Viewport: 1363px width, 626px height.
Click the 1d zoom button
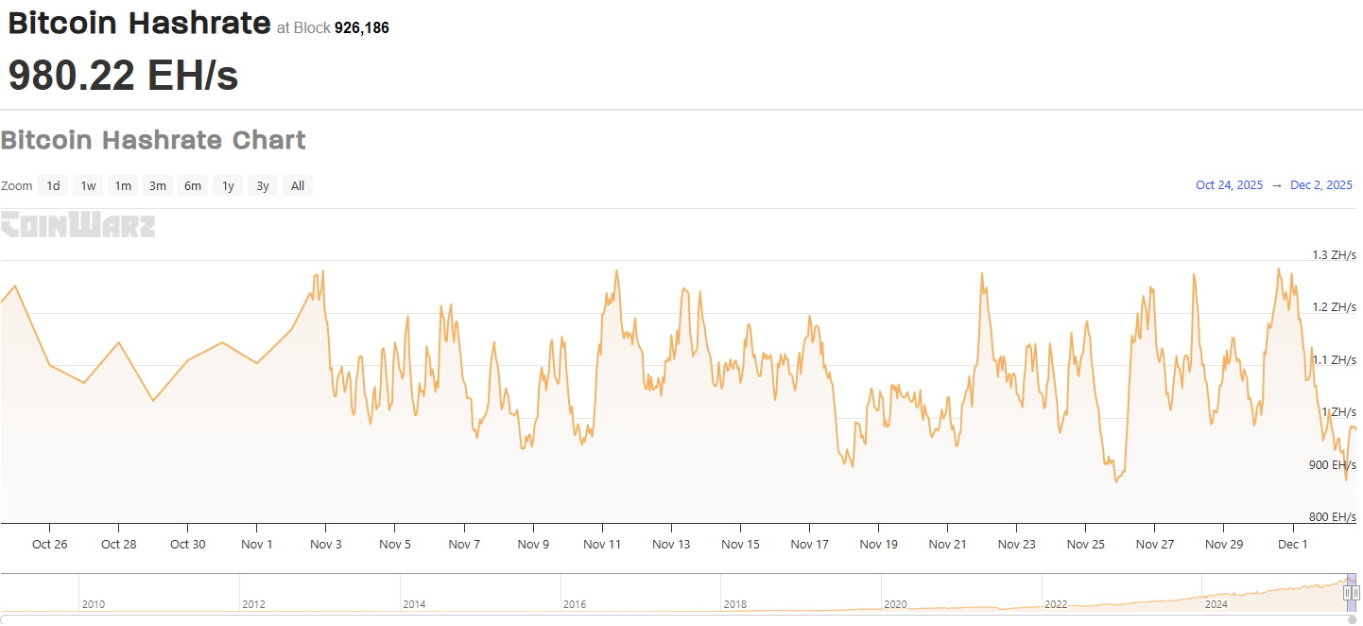pyautogui.click(x=54, y=186)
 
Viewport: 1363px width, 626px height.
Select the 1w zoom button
pyautogui.click(x=88, y=186)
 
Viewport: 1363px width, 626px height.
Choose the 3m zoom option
pyautogui.click(x=158, y=186)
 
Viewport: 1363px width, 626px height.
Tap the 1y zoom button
pyautogui.click(x=228, y=186)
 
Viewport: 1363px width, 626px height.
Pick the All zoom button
pyautogui.click(x=298, y=186)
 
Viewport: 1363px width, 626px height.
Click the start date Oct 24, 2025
pyautogui.click(x=1229, y=185)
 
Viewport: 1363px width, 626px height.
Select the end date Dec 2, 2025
pyautogui.click(x=1321, y=185)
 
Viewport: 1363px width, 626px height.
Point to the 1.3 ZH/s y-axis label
pyautogui.click(x=1334, y=255)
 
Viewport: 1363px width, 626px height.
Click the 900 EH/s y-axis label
pyautogui.click(x=1333, y=465)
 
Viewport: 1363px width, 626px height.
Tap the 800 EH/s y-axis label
pyautogui.click(x=1333, y=517)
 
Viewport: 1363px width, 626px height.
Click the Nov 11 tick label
pyautogui.click(x=602, y=545)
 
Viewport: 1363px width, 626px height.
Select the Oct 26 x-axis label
pyautogui.click(x=49, y=545)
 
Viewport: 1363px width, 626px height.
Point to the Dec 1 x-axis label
pyautogui.click(x=1292, y=545)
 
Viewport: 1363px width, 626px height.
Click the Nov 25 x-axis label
pyautogui.click(x=1085, y=545)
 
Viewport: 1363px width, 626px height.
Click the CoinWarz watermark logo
pyautogui.click(x=78, y=225)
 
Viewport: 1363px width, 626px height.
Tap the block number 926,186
pyautogui.click(x=362, y=28)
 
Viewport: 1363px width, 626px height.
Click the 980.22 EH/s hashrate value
pyautogui.click(x=123, y=75)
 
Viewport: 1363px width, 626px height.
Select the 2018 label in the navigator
pyautogui.click(x=735, y=604)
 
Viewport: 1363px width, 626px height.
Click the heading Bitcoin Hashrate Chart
pyautogui.click(x=153, y=140)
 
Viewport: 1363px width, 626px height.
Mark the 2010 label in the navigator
pyautogui.click(x=94, y=604)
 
